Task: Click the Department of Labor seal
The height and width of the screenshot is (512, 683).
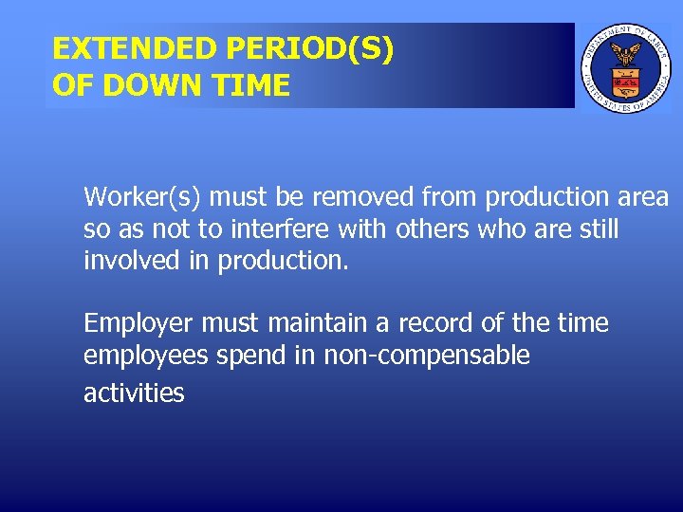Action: pyautogui.click(x=625, y=66)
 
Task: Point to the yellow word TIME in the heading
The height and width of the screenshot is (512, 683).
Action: pyautogui.click(x=252, y=85)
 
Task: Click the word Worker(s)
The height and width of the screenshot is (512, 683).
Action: pyautogui.click(x=142, y=197)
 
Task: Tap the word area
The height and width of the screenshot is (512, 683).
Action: pyautogui.click(x=643, y=197)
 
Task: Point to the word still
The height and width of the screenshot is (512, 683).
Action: pyautogui.click(x=598, y=229)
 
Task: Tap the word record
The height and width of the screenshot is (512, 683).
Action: pyautogui.click(x=434, y=324)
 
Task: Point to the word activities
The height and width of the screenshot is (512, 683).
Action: pyautogui.click(x=134, y=393)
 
